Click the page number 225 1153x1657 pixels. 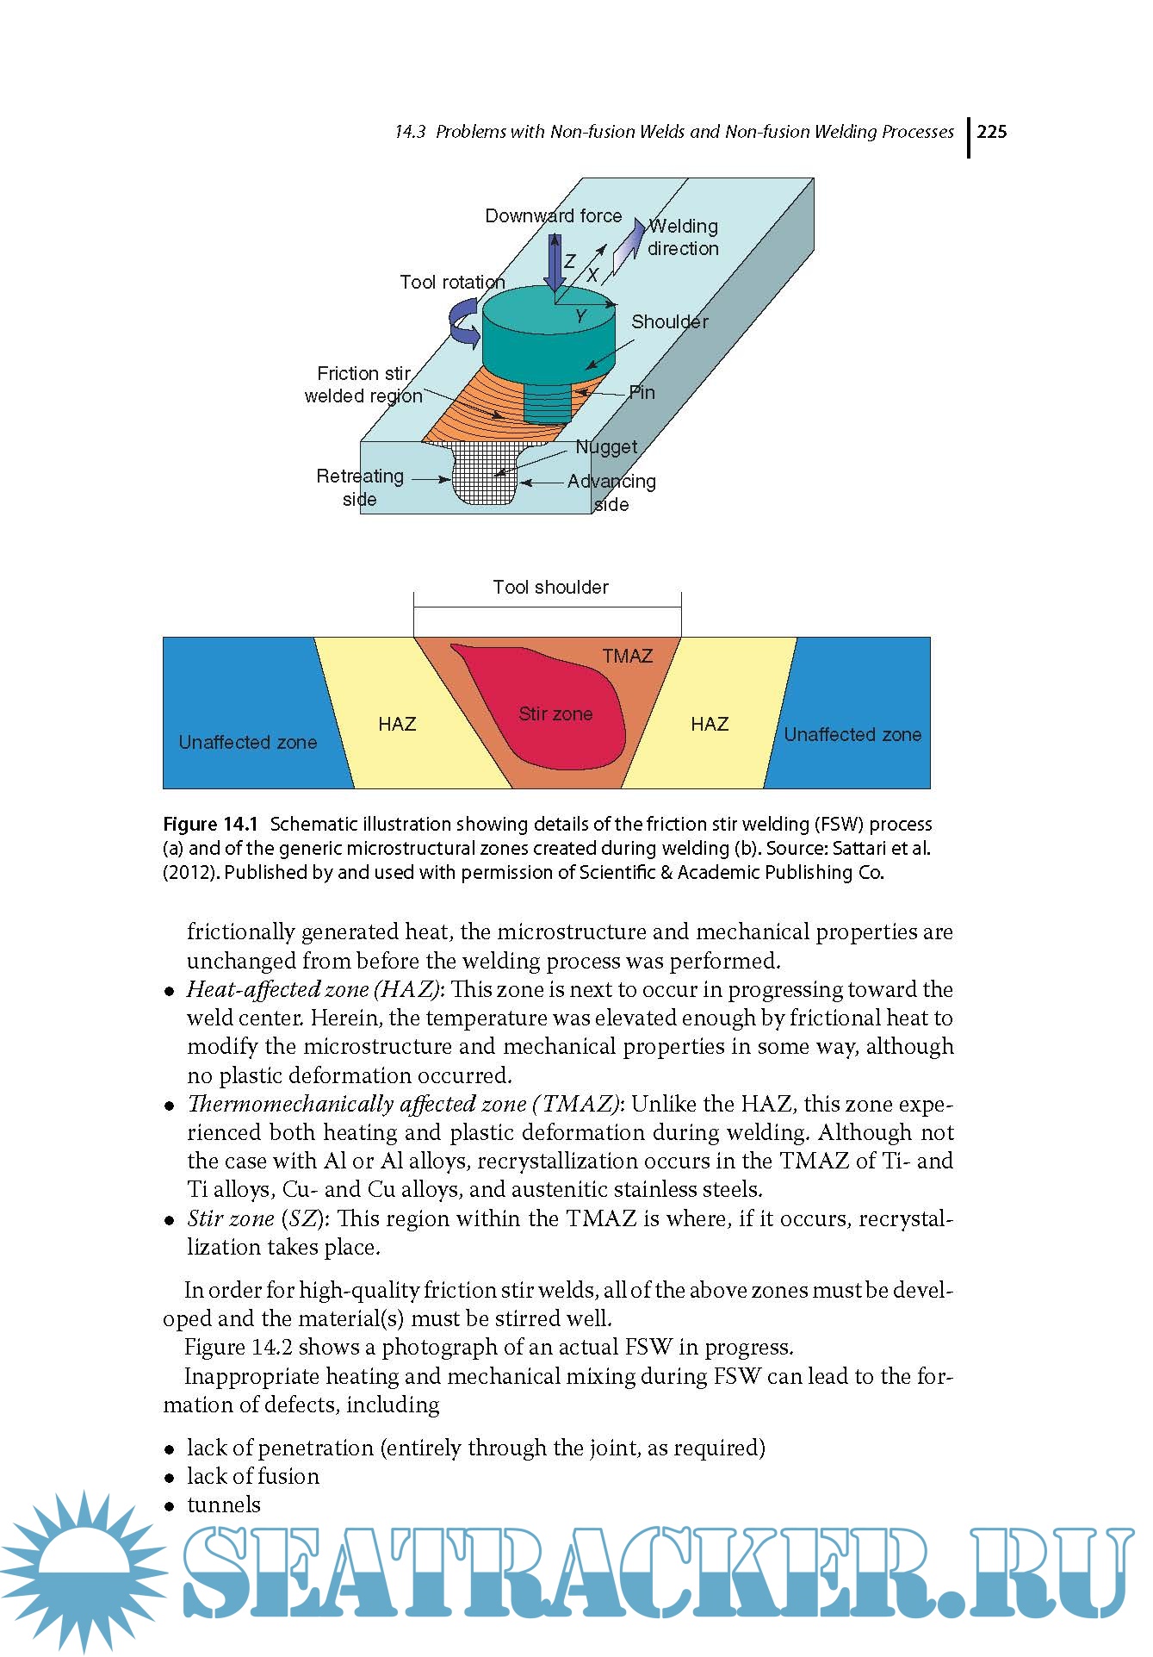coord(991,132)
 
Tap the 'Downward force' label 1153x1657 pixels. coord(553,215)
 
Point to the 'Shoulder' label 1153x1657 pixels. coord(669,321)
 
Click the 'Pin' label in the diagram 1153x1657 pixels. coord(642,393)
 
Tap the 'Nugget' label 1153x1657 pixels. coord(606,446)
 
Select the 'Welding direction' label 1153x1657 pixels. coord(683,237)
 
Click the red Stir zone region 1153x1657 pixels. coord(555,713)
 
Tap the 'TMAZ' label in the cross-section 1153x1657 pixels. coord(627,656)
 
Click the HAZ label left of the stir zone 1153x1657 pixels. coord(397,724)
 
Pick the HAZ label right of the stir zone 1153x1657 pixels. coord(710,724)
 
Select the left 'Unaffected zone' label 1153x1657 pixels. coord(248,742)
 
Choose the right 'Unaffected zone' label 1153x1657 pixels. coord(852,734)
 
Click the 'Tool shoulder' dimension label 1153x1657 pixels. coord(550,587)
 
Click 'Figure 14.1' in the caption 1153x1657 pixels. coord(210,824)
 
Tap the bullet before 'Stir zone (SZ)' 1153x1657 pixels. coord(170,1220)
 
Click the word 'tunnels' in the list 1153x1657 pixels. coord(224,1504)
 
